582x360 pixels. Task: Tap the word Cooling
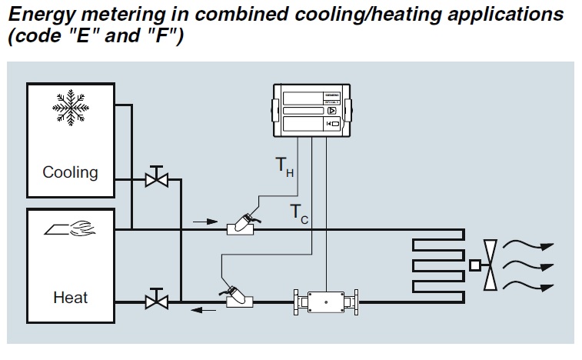click(x=70, y=172)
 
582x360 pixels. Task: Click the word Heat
click(x=70, y=296)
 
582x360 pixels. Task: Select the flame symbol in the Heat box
click(x=70, y=228)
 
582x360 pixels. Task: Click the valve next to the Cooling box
click(x=157, y=180)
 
